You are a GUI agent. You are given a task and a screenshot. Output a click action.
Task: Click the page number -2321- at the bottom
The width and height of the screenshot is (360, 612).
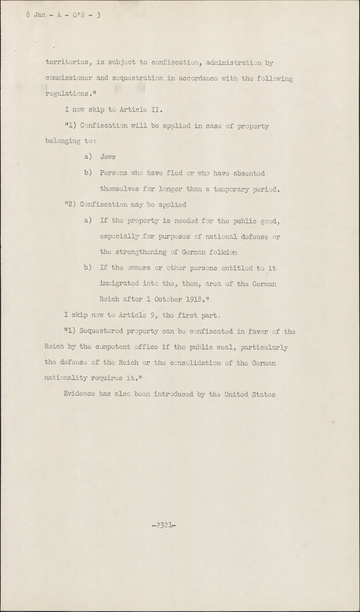pos(164,526)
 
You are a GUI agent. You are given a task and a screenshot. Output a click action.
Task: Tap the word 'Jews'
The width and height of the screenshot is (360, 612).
pos(108,157)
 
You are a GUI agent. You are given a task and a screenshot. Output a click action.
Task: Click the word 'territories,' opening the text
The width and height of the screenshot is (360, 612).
pos(67,63)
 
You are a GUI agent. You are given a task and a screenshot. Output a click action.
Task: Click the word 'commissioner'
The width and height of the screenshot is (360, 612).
pos(69,78)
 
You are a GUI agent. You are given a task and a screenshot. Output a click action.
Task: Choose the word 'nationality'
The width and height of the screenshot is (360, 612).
pos(65,378)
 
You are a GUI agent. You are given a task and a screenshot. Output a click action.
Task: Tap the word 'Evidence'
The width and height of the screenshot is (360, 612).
pos(79,394)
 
